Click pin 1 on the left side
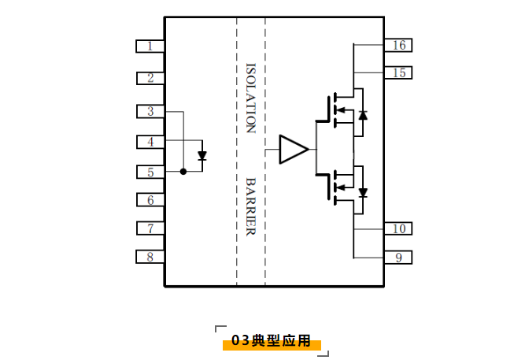click(150, 46)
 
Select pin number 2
click(150, 78)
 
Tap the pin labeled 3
click(150, 111)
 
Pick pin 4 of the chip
click(150, 142)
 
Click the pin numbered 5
click(150, 172)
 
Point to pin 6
click(150, 200)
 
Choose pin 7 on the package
click(150, 228)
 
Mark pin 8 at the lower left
click(150, 256)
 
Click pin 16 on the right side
click(398, 45)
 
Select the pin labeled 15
click(398, 72)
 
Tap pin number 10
click(398, 228)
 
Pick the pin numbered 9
click(398, 258)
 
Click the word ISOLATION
click(250, 98)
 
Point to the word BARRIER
click(250, 206)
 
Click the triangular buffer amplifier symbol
click(292, 149)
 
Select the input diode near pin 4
click(202, 155)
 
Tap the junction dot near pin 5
click(183, 171)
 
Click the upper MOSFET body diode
click(363, 115)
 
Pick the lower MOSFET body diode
click(363, 191)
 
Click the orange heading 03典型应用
click(271, 341)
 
